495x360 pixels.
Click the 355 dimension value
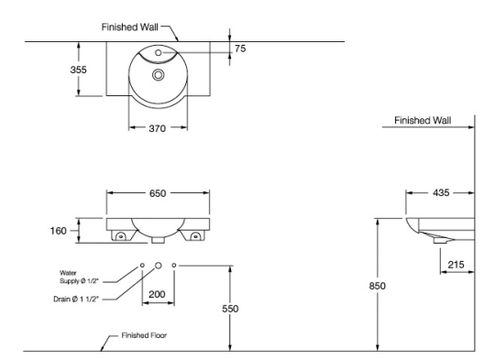point(78,70)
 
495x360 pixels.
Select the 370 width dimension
point(158,128)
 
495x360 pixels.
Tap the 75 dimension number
point(240,49)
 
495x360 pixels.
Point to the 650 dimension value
point(158,193)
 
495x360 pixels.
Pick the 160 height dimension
point(59,231)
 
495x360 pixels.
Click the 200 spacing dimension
point(157,294)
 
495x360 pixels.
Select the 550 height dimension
point(230,309)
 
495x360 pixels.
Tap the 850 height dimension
point(378,286)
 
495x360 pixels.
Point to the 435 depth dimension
point(441,192)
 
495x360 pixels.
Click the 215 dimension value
point(456,265)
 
